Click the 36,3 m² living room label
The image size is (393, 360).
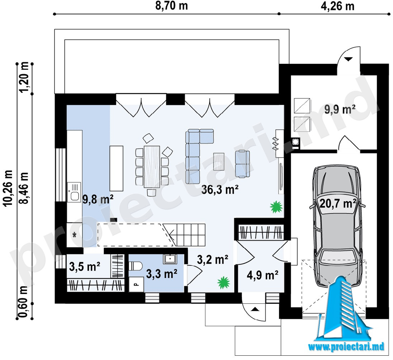pyautogui.click(x=219, y=189)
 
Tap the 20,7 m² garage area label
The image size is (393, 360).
pyautogui.click(x=338, y=203)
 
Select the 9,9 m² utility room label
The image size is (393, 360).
pyautogui.click(x=340, y=109)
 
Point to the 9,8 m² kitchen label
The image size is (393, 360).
pyautogui.click(x=98, y=200)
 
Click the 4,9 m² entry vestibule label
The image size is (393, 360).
pyautogui.click(x=262, y=275)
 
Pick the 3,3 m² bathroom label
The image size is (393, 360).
pyautogui.click(x=162, y=274)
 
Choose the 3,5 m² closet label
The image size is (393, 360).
pyautogui.click(x=85, y=267)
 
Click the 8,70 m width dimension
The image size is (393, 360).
pyautogui.click(x=171, y=6)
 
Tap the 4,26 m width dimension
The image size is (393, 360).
pyautogui.click(x=338, y=6)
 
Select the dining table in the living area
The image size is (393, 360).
pyautogui.click(x=152, y=167)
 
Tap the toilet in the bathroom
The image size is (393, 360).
pyautogui.click(x=135, y=266)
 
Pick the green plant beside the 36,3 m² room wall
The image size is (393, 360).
pyautogui.click(x=276, y=207)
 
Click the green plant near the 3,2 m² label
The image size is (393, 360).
pyautogui.click(x=223, y=282)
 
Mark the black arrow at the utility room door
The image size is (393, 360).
pyautogui.click(x=349, y=59)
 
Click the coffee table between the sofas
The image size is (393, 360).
pyautogui.click(x=219, y=162)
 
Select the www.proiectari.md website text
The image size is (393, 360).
pyautogui.click(x=346, y=346)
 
